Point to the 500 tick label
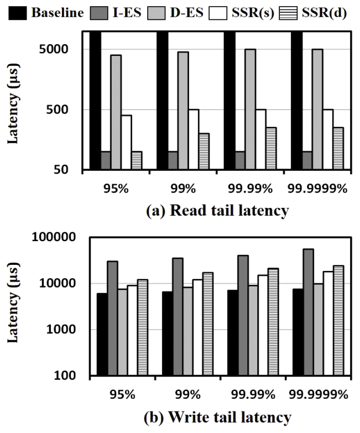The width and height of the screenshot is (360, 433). click(62, 109)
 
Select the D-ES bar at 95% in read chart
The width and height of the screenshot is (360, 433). click(116, 112)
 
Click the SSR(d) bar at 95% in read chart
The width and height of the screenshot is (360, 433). click(136, 160)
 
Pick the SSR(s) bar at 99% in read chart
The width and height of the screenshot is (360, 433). click(193, 139)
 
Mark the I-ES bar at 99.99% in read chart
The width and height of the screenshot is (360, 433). click(239, 160)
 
